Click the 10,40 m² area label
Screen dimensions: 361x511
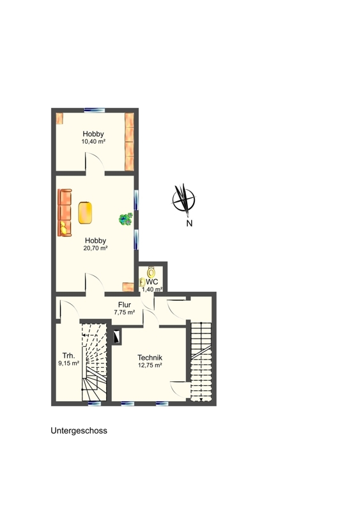click(x=93, y=142)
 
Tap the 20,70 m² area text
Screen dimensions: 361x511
click(x=96, y=248)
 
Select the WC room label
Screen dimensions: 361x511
click(x=152, y=282)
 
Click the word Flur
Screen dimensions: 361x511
click(x=125, y=305)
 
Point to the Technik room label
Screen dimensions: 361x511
click(x=150, y=358)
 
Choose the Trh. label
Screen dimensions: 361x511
click(x=68, y=356)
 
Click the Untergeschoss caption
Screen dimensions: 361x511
click(x=79, y=431)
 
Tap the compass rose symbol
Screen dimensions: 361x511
click(x=183, y=199)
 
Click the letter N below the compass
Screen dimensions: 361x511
click(x=189, y=224)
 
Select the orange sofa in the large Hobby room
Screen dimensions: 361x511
click(x=65, y=213)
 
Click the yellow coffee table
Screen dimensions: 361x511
click(x=85, y=213)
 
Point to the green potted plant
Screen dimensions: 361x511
click(x=126, y=219)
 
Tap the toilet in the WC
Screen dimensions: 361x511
click(x=151, y=271)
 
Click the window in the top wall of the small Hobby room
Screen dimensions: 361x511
click(x=95, y=110)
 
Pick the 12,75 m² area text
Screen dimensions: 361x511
click(x=150, y=365)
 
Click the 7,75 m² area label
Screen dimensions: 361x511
click(x=125, y=312)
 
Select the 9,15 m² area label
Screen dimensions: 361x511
click(x=68, y=363)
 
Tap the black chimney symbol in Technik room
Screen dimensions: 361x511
click(x=117, y=337)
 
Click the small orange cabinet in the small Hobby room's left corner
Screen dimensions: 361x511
click(x=59, y=118)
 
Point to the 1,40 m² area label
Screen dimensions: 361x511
click(x=152, y=289)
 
